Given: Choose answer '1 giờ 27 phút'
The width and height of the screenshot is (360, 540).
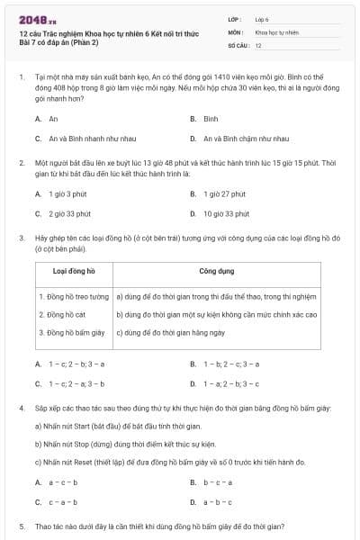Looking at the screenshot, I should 225,193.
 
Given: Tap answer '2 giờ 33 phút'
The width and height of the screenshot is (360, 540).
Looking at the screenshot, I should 69,213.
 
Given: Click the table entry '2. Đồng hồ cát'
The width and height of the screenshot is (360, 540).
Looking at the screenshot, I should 64,315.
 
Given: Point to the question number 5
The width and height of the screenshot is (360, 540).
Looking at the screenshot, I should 20,526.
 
